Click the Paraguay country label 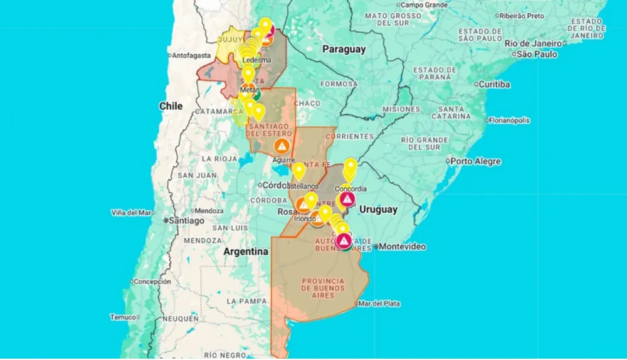point(344,49)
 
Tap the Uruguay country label point(377,209)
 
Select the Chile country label point(171,106)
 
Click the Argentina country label point(246,251)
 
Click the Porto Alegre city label point(475,161)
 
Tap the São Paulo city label point(537,55)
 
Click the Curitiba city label point(494,84)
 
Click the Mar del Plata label point(379,304)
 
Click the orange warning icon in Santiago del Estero point(282,146)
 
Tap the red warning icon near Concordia point(346,200)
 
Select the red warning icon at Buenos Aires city point(343,240)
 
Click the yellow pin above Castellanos point(299,170)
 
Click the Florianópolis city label point(508,120)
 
